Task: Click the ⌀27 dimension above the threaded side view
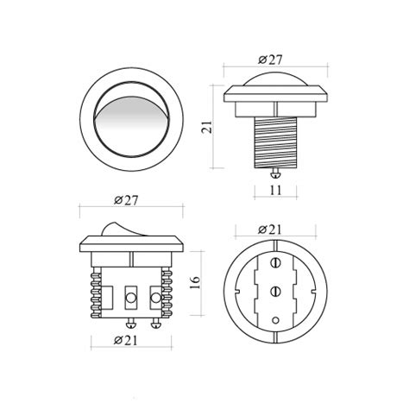[270, 60]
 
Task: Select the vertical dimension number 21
[207, 127]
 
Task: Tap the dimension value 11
[275, 190]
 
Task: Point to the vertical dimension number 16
[195, 283]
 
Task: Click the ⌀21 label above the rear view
[270, 230]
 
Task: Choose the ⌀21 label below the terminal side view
[126, 341]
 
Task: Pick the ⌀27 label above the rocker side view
[126, 200]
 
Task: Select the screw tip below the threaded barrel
[275, 173]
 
